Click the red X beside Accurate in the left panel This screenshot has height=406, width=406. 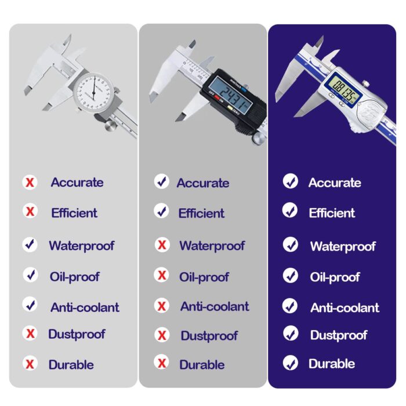[30, 182]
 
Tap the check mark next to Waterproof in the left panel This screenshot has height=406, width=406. [30, 244]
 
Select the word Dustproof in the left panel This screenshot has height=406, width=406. [77, 335]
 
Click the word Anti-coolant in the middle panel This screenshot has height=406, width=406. [215, 307]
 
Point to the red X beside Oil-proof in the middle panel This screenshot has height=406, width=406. [162, 275]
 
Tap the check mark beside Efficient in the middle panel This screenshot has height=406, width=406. [161, 211]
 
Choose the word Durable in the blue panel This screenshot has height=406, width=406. [332, 364]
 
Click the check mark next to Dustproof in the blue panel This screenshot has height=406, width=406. [291, 333]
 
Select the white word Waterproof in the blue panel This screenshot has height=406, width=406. [343, 246]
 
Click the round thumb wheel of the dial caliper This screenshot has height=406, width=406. [111, 125]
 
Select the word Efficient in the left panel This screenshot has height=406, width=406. [74, 213]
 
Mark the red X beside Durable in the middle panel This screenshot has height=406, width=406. [162, 362]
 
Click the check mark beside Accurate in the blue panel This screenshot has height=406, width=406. [291, 181]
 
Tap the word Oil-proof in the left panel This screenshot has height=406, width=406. [75, 277]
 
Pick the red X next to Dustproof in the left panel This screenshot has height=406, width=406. [30, 333]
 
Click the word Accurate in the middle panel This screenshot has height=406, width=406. [203, 183]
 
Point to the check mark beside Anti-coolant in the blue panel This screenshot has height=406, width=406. [290, 306]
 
